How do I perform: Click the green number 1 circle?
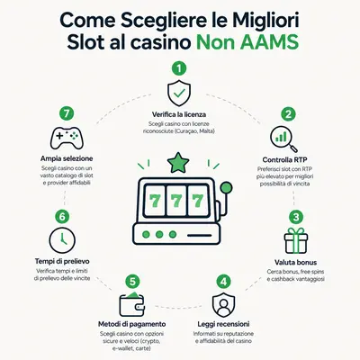pos(179,68)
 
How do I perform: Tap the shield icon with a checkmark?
pos(179,93)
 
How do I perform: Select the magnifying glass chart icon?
pos(283,139)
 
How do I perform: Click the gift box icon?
pos(296,240)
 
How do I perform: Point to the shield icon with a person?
pos(223,305)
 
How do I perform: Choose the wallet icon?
pos(131,304)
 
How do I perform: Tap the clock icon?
pos(62,240)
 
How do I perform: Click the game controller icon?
pos(67,138)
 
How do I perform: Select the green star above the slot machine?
pos(178,162)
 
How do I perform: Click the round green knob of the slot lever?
pos(226,188)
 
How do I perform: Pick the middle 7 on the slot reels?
pos(175,201)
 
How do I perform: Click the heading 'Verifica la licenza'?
pos(179,114)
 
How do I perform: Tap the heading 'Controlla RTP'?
pos(284,159)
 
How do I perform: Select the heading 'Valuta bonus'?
pos(295,262)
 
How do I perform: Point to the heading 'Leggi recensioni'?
pos(223,324)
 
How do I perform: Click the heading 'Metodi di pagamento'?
pos(132,324)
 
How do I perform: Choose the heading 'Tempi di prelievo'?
pos(62,261)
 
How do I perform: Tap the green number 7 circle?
pos(67,113)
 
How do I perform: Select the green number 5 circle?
pos(132,282)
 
